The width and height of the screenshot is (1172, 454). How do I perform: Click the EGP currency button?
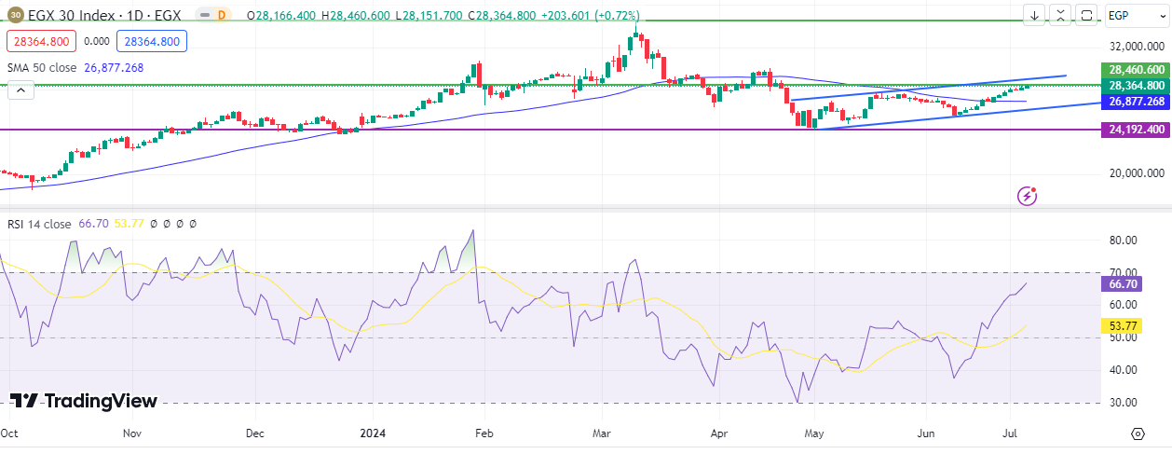[x=1132, y=15]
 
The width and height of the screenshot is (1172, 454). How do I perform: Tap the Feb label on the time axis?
[x=483, y=433]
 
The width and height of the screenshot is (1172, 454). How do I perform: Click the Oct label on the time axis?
[x=10, y=433]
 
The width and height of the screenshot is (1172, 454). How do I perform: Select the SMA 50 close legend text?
[x=43, y=67]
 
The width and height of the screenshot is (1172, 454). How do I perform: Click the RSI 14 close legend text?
[x=39, y=224]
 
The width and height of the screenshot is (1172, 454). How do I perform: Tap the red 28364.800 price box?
[x=38, y=41]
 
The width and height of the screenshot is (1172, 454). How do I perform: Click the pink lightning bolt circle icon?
[x=1028, y=195]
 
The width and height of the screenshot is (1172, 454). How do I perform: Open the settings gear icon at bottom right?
[x=1138, y=433]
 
